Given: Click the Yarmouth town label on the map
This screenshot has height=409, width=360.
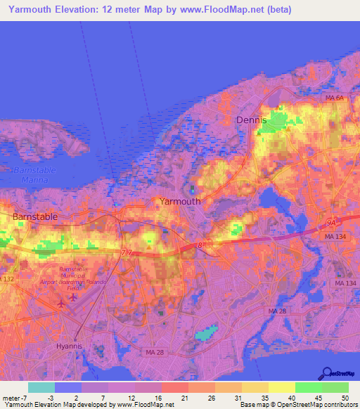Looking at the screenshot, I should (180, 201).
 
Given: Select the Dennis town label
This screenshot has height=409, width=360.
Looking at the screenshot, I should (252, 120).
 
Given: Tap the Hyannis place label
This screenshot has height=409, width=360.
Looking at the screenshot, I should (70, 347).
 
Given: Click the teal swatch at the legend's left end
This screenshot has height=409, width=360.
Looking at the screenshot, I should (41, 387).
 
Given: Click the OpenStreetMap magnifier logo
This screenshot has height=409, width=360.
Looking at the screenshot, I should (327, 372).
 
